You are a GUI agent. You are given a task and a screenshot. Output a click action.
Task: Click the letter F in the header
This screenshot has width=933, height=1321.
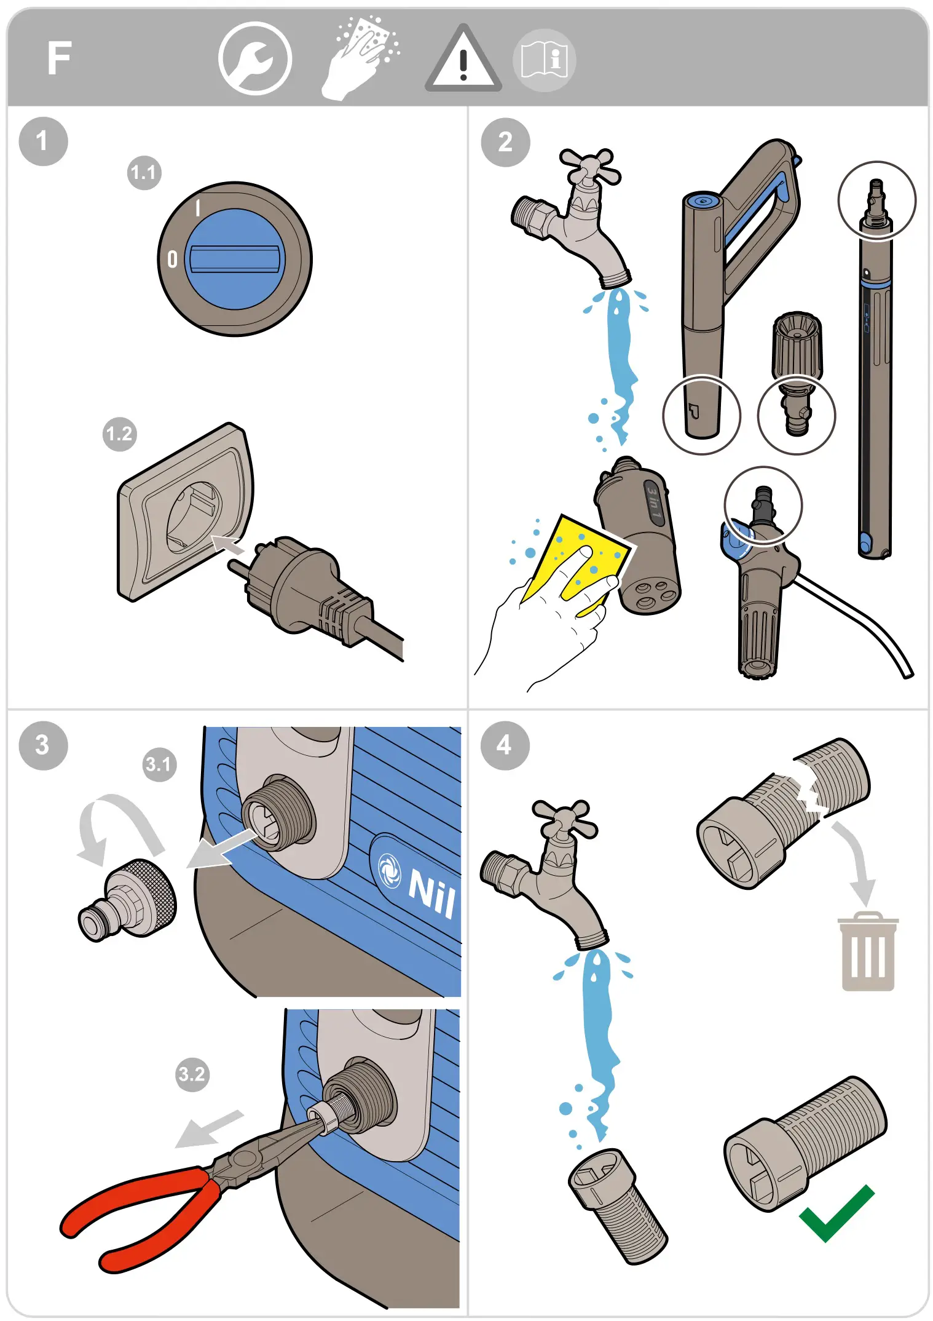pos(60,58)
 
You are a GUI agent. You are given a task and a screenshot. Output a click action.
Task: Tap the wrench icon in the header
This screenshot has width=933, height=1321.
pos(254,58)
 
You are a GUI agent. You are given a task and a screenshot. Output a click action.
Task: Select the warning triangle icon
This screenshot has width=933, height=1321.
pos(463,58)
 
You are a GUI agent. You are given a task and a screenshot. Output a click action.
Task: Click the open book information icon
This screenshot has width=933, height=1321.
pos(544,60)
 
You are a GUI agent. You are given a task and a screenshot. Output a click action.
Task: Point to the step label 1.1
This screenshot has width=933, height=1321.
pos(144,173)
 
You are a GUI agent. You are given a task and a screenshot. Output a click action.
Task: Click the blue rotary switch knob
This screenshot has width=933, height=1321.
pos(235,259)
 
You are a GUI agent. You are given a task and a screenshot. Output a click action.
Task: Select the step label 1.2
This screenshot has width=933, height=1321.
pos(119,434)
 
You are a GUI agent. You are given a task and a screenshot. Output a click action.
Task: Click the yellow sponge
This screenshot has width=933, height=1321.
pos(574,563)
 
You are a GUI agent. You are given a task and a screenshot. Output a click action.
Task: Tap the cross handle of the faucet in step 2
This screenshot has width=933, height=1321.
pos(590,165)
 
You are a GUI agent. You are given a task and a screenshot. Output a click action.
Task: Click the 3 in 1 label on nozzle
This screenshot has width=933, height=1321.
pos(653,503)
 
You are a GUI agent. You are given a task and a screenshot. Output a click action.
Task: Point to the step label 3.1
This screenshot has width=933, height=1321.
pos(159,764)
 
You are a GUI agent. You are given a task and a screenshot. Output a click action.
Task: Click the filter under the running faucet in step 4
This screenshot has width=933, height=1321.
pos(617,1205)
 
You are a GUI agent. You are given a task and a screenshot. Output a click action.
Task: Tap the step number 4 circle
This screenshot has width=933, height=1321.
pos(505,745)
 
